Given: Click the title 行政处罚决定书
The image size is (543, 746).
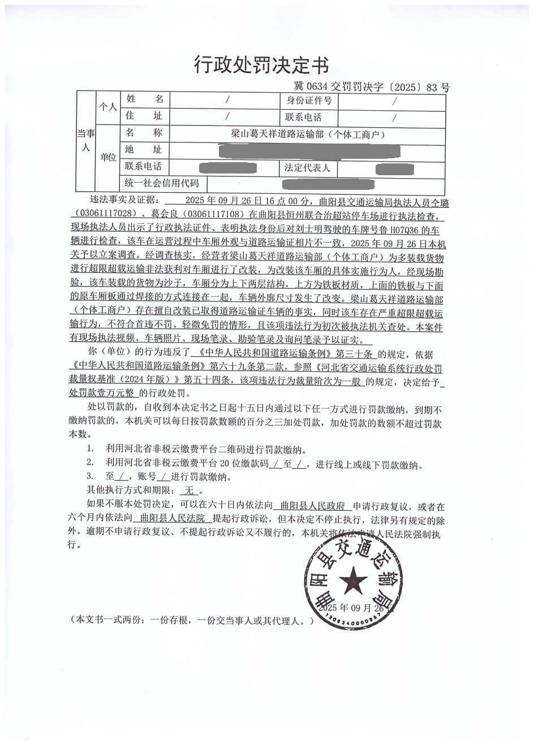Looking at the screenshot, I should (261, 65).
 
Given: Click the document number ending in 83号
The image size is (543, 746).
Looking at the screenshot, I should (372, 87).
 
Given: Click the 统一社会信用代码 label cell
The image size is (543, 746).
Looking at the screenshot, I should (162, 183).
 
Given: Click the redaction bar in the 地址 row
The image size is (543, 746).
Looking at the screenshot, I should (309, 151).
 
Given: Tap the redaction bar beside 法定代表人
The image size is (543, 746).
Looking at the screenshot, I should (394, 168).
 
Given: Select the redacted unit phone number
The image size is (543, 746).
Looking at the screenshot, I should (229, 168).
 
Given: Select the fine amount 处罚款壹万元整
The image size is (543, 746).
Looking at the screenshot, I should (102, 393).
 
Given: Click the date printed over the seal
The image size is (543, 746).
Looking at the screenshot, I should (350, 609).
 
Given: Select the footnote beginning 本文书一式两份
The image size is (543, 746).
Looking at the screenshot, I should (191, 621).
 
